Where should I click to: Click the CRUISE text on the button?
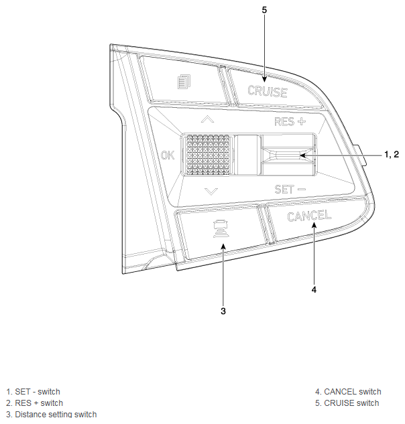(x=267, y=91)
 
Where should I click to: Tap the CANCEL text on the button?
(x=309, y=216)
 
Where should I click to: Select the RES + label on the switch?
(x=290, y=121)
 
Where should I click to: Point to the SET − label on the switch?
(x=290, y=190)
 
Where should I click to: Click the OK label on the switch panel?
(x=168, y=155)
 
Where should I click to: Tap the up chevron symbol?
(x=208, y=119)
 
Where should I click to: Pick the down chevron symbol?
(x=211, y=192)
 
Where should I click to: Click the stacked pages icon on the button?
(x=184, y=82)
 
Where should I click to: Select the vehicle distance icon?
(x=221, y=229)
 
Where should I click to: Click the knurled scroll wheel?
(x=208, y=155)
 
